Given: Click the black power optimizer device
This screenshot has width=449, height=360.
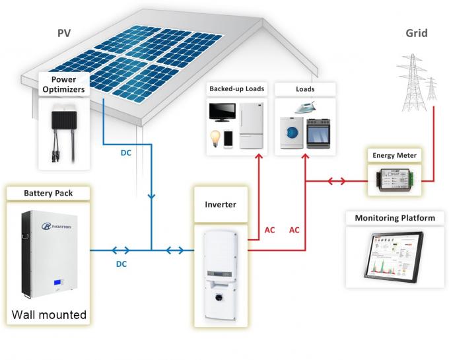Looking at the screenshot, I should tap(65, 120).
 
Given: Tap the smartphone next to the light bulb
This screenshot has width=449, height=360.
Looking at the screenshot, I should tap(228, 139).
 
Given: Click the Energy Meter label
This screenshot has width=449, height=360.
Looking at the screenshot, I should tap(395, 156).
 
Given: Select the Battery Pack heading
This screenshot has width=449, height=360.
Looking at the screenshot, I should tap(48, 194).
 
